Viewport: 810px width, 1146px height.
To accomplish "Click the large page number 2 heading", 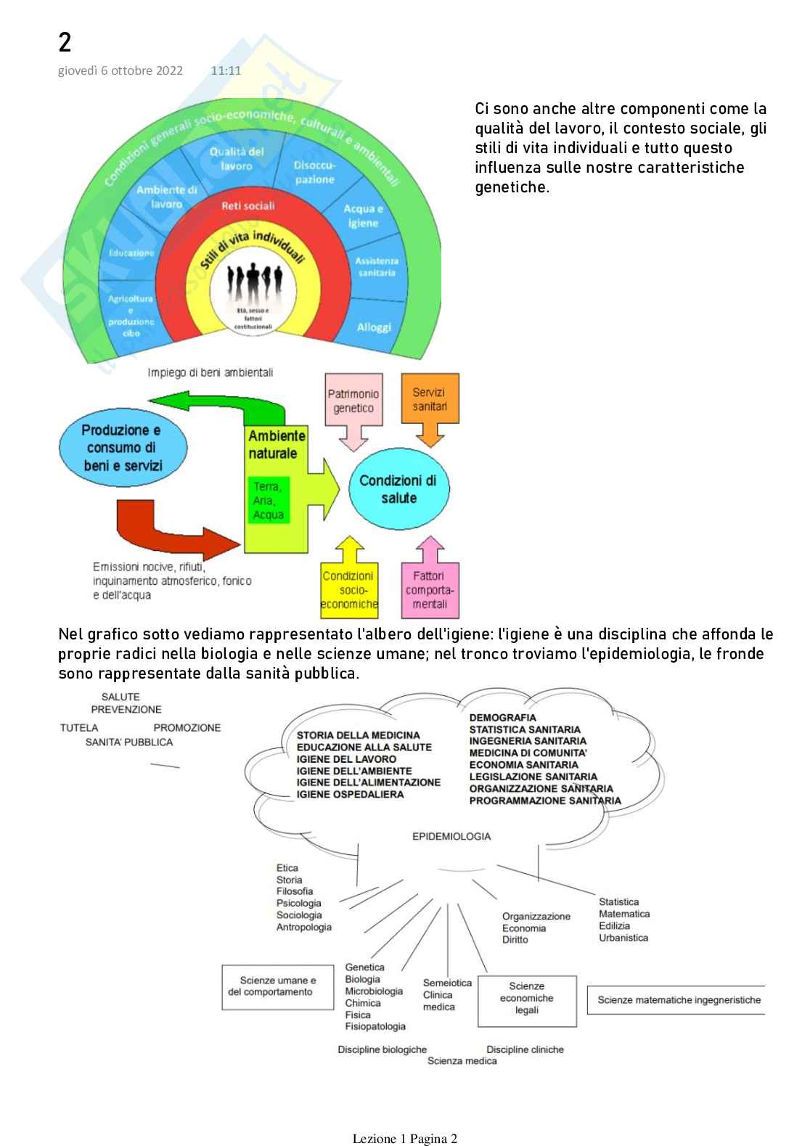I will pyautogui.click(x=65, y=43).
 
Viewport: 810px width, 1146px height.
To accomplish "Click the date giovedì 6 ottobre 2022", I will pyautogui.click(x=120, y=70).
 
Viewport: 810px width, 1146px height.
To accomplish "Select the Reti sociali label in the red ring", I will pyautogui.click(x=247, y=206).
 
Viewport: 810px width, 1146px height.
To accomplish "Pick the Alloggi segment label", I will pyautogui.click(x=374, y=327).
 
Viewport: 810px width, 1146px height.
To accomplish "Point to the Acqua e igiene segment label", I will pyautogui.click(x=363, y=216).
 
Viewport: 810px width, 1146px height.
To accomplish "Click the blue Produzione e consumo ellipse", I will pyautogui.click(x=122, y=448).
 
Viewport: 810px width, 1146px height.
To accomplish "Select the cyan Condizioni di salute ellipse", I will pyautogui.click(x=398, y=489).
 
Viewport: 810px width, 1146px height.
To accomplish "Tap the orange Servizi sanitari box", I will pyautogui.click(x=430, y=399).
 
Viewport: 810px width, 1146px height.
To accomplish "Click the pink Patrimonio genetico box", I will pyautogui.click(x=353, y=401).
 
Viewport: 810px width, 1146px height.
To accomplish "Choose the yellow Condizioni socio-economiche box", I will pyautogui.click(x=349, y=590).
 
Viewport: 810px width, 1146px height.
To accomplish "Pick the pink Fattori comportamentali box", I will pyautogui.click(x=430, y=590).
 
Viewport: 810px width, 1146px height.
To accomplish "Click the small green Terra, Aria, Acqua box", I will pyautogui.click(x=268, y=500).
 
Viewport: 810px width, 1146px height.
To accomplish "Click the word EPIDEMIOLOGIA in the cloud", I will pyautogui.click(x=451, y=836).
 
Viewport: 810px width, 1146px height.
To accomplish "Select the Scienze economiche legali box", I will pyautogui.click(x=527, y=999).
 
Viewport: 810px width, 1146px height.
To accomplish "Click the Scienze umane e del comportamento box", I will pyautogui.click(x=271, y=986).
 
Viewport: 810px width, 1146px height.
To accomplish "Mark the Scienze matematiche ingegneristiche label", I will pyautogui.click(x=679, y=1000).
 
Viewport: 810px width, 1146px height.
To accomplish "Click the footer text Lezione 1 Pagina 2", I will pyautogui.click(x=405, y=1138).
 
